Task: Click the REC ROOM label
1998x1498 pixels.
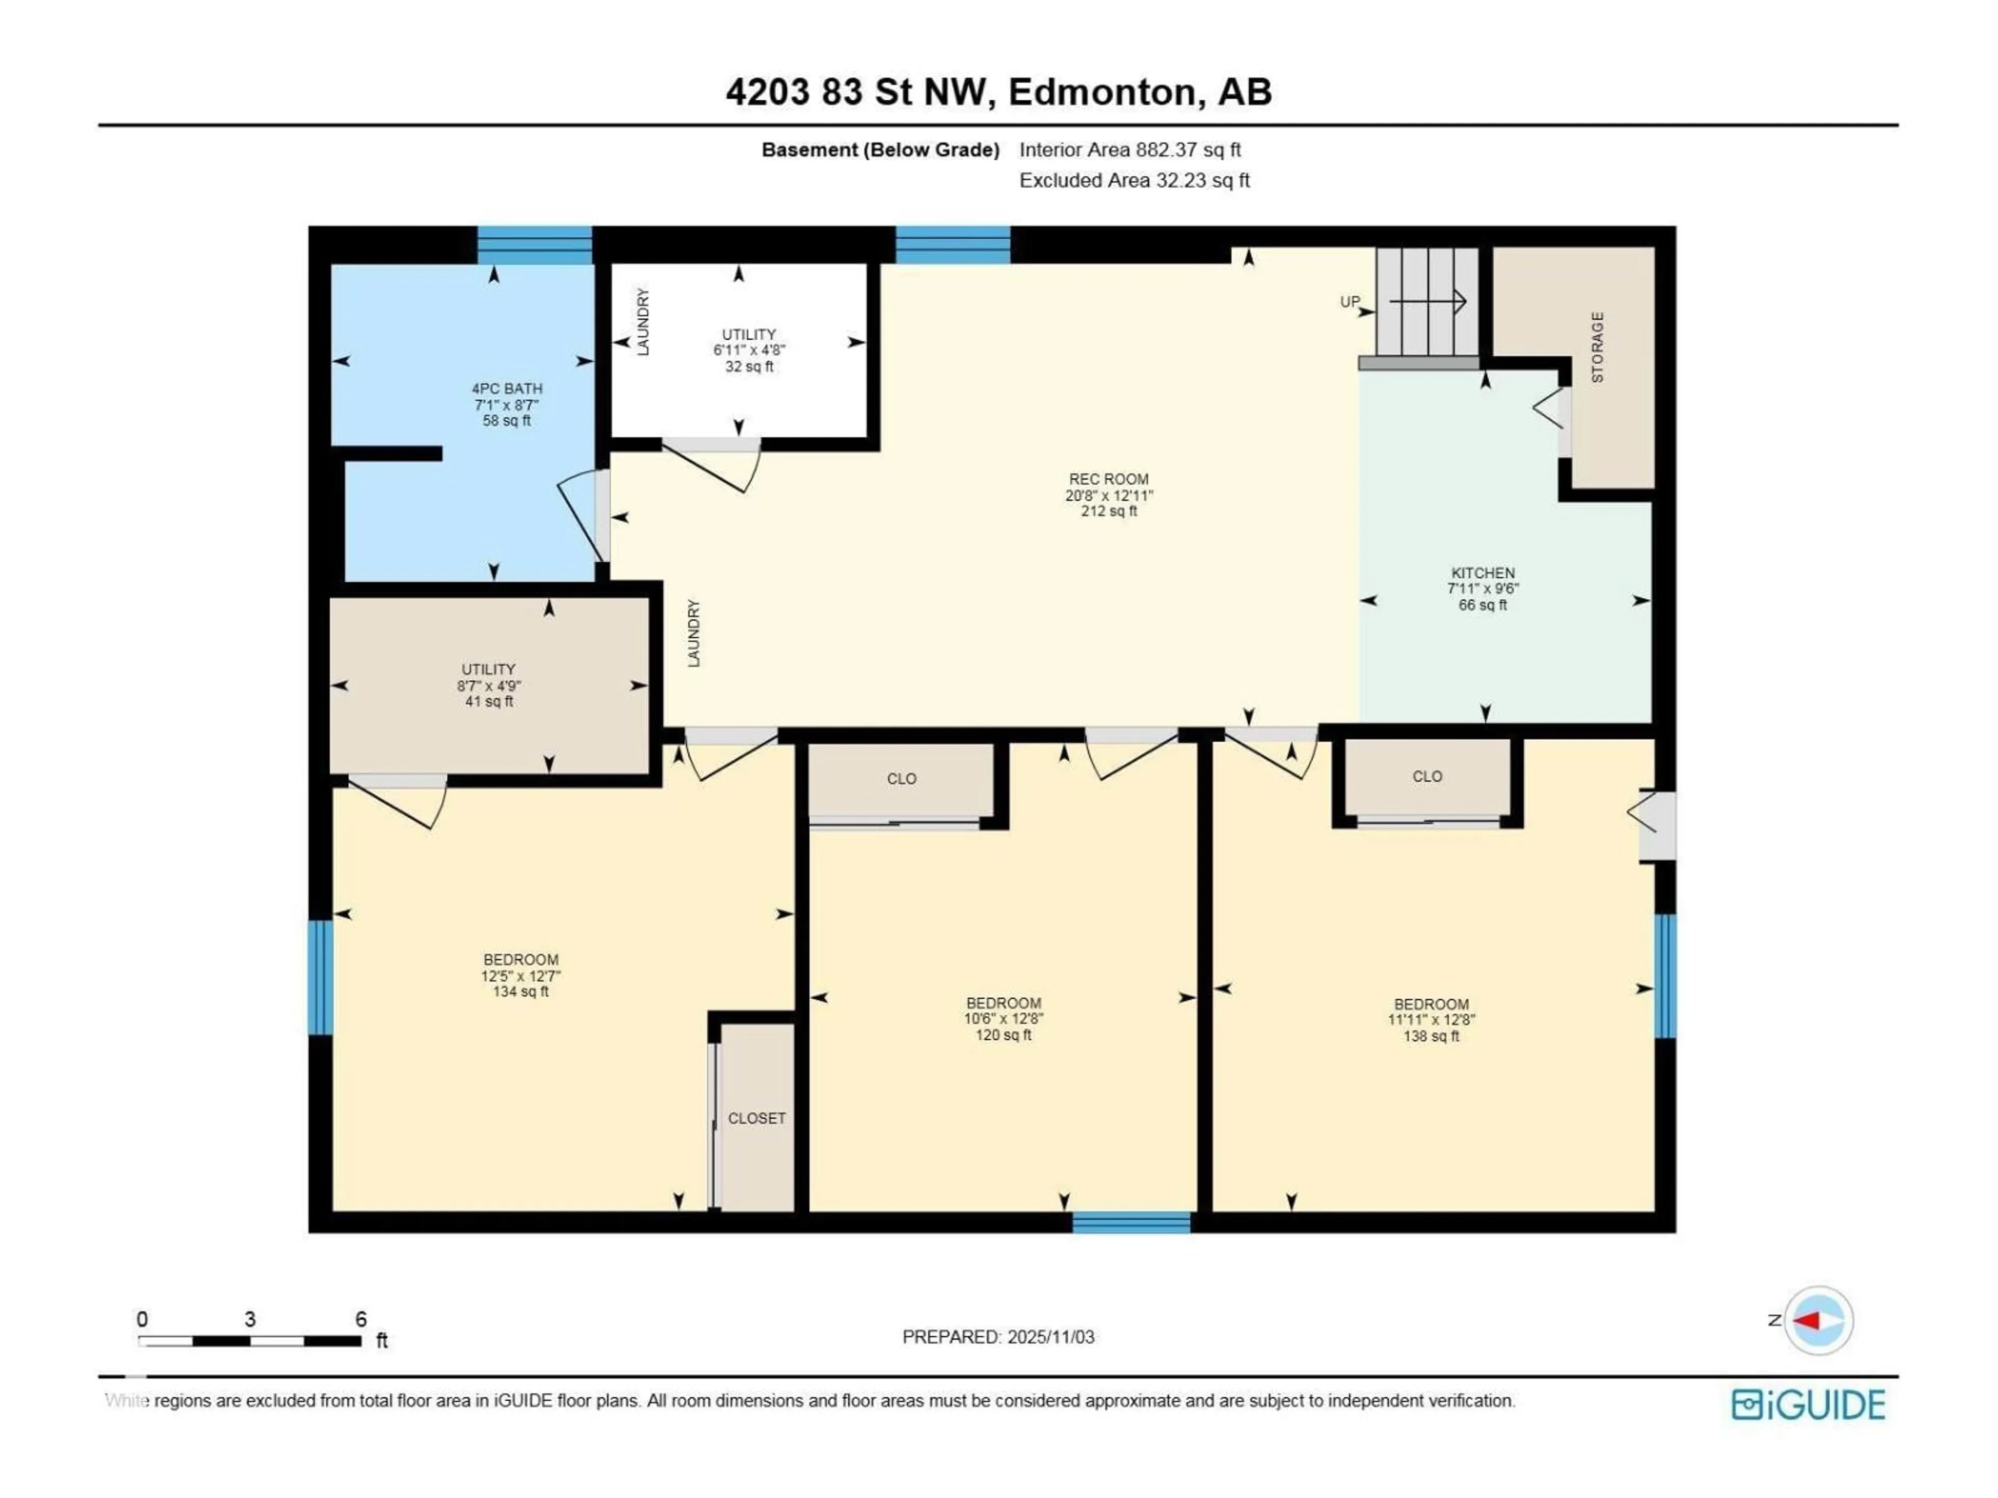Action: (x=1108, y=480)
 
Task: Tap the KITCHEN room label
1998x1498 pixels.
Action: (x=1482, y=573)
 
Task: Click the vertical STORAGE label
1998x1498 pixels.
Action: (x=1597, y=347)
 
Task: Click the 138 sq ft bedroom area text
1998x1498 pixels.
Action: (x=1431, y=1037)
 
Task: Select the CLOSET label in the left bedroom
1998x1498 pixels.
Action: (x=757, y=1119)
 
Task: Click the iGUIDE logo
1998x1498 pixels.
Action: (x=1808, y=1405)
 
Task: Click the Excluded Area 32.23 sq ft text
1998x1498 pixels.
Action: (x=1134, y=180)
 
